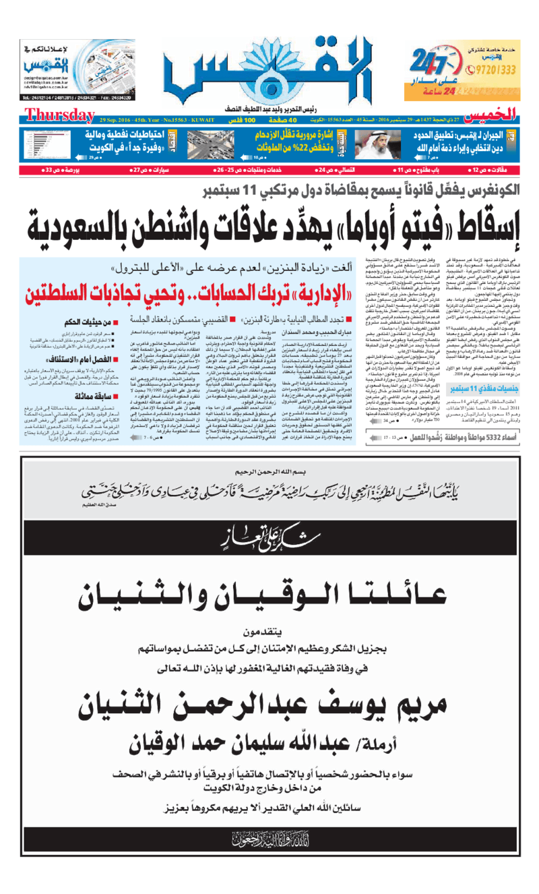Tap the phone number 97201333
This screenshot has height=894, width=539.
[x=492, y=69]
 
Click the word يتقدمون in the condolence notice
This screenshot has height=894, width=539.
[x=269, y=631]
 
